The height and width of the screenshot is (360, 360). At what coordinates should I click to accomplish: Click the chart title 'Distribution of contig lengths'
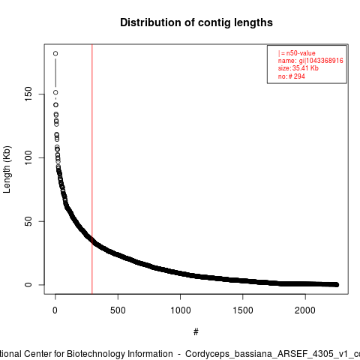click(x=196, y=22)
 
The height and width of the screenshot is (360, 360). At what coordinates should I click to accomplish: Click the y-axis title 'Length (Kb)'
click(x=7, y=169)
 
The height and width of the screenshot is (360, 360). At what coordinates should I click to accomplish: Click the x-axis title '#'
click(x=196, y=332)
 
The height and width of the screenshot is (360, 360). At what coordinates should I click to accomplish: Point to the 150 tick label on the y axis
click(x=28, y=94)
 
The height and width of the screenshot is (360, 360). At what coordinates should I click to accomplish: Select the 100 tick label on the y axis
click(x=28, y=157)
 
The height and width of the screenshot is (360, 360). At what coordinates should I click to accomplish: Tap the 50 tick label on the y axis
click(x=28, y=221)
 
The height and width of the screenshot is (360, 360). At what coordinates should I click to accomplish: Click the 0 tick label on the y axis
click(x=28, y=285)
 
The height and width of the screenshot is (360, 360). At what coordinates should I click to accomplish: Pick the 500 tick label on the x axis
click(x=118, y=310)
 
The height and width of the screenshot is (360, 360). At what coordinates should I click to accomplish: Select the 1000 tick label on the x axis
click(x=180, y=310)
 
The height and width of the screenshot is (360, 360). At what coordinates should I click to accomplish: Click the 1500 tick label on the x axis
click(x=243, y=310)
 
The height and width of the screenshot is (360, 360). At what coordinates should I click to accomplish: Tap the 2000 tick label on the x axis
click(x=305, y=310)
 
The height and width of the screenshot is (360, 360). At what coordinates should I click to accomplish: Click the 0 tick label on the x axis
click(x=55, y=310)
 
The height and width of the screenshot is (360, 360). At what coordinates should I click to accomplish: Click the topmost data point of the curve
click(x=55, y=53)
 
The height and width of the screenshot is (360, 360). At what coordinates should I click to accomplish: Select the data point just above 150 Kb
click(x=55, y=92)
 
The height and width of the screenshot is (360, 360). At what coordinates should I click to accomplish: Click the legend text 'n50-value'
click(x=301, y=53)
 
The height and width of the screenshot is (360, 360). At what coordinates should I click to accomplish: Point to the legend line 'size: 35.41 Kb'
click(x=298, y=68)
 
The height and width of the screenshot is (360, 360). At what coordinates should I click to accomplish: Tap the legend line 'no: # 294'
click(x=291, y=76)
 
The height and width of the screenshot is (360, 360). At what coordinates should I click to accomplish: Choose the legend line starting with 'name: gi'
click(x=310, y=61)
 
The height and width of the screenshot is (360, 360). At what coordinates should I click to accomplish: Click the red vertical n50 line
click(x=92, y=169)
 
